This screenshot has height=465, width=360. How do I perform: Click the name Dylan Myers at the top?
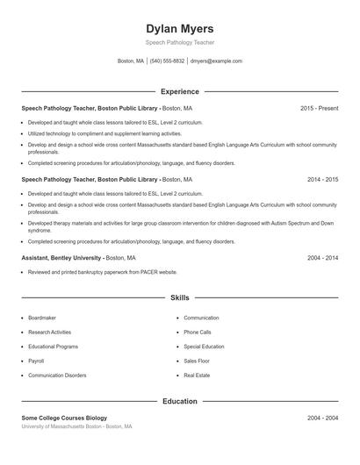coord(179,29)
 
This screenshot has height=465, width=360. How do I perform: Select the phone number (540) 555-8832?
coord(167,61)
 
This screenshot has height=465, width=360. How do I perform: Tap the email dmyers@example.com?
coord(216,61)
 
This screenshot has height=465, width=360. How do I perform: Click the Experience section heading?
coord(179,91)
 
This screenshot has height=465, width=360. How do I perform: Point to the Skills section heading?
coord(179,298)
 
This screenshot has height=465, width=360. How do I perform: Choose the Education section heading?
coord(179,401)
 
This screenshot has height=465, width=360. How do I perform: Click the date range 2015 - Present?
coord(319,108)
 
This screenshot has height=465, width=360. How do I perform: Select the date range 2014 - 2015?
coord(322,179)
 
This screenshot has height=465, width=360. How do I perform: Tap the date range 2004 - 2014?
coord(322,258)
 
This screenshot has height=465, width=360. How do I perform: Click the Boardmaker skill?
coord(42,318)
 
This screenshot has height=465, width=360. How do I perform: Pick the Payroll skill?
coord(36,361)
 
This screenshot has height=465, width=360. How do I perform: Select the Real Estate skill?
coord(197,376)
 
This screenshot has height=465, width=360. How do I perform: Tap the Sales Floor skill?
coord(197,361)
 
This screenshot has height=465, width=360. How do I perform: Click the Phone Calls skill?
coord(198,333)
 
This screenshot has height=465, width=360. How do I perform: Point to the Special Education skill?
coord(204,347)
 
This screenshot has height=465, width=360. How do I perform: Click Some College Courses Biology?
coord(64,418)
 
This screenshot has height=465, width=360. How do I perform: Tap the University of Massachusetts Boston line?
coord(76,426)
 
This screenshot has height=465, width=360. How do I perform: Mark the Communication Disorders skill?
coord(57,376)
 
